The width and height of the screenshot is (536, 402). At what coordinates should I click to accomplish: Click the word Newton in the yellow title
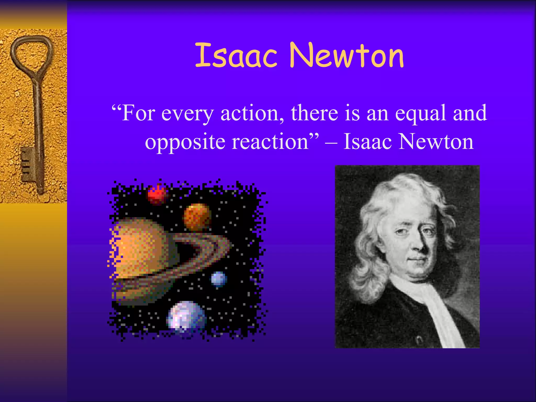click(x=347, y=55)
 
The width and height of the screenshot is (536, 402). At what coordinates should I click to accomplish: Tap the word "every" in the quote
click(x=187, y=114)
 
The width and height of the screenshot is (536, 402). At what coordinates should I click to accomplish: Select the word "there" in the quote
click(x=314, y=113)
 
